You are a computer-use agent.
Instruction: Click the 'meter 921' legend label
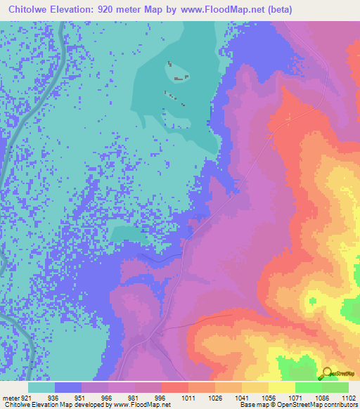pos(15,397)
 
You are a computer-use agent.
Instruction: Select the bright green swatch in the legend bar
pos(309,387)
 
